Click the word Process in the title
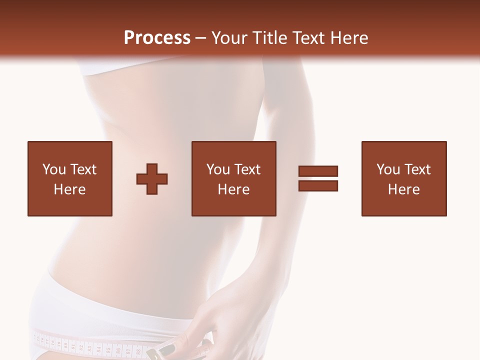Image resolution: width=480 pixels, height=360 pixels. tap(157, 37)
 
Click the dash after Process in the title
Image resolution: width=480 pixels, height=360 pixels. tap(200, 38)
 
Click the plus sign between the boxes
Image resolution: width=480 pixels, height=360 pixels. tap(152, 178)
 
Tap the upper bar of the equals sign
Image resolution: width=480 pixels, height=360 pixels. tap(318, 171)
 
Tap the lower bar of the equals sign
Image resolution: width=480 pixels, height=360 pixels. tap(318, 185)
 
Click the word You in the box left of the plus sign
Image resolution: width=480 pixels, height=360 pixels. tap(53, 169)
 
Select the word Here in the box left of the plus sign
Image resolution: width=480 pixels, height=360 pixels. tap(69, 189)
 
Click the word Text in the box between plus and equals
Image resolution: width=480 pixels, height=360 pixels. tap(247, 169)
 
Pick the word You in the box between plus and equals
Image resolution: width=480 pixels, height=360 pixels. tap(217, 169)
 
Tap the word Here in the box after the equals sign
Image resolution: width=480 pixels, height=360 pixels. tap(403, 189)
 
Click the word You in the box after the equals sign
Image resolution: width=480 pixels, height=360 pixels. tap(387, 169)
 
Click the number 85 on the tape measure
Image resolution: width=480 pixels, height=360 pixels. tap(108, 350)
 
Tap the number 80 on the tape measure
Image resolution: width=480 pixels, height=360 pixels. tap(65, 345)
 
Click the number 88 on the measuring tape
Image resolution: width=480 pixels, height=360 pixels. tap(138, 351)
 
